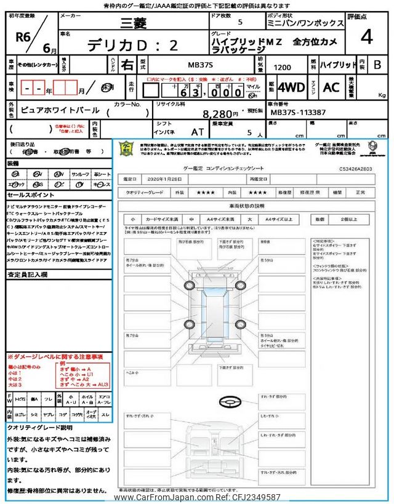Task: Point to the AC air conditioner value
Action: pyautogui.click(x=331, y=87)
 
